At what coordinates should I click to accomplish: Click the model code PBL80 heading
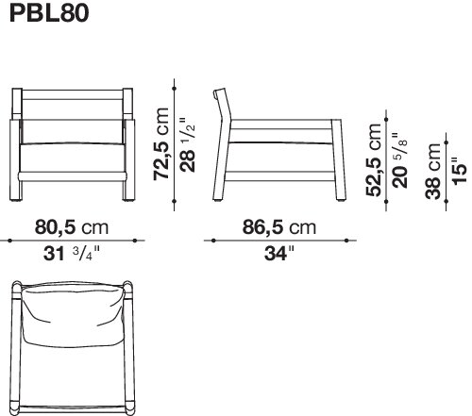pos(49,13)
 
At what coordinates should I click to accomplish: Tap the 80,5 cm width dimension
pos(72,227)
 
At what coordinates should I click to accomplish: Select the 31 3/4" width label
pos(72,253)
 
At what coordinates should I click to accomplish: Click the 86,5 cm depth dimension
pos(279,227)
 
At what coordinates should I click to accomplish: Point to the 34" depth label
pos(279,254)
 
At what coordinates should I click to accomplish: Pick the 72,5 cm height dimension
pos(161,144)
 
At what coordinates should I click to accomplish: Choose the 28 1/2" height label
pos(188,144)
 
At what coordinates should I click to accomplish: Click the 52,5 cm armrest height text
pos(374,160)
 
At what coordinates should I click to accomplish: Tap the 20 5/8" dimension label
pos(400,160)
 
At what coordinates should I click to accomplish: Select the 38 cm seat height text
pos(432,171)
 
